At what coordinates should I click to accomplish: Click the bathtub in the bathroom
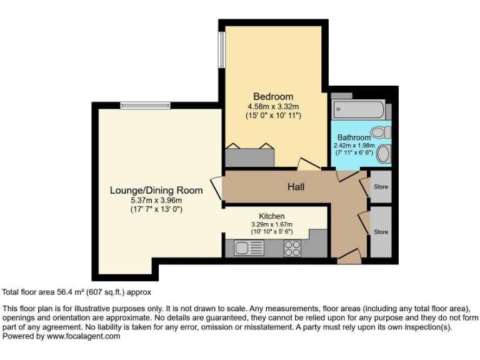[358, 110]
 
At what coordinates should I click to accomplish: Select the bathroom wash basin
[385, 154]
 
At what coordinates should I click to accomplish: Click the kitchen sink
[249, 248]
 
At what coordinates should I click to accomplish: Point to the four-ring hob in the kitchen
[292, 248]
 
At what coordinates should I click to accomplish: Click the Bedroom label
[273, 96]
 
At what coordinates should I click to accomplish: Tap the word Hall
[296, 186]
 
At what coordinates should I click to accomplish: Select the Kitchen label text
[272, 216]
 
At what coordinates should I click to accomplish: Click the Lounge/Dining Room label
[156, 190]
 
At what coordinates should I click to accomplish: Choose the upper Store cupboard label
[381, 187]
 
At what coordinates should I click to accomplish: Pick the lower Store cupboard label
[381, 232]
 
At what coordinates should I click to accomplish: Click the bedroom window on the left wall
[221, 49]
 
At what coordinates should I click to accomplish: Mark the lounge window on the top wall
[146, 105]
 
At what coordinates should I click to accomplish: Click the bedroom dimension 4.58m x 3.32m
[273, 106]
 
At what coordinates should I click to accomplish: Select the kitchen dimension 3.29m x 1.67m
[272, 224]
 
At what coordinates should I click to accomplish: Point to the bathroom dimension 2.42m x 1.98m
[354, 145]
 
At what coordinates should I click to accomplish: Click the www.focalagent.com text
[84, 336]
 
